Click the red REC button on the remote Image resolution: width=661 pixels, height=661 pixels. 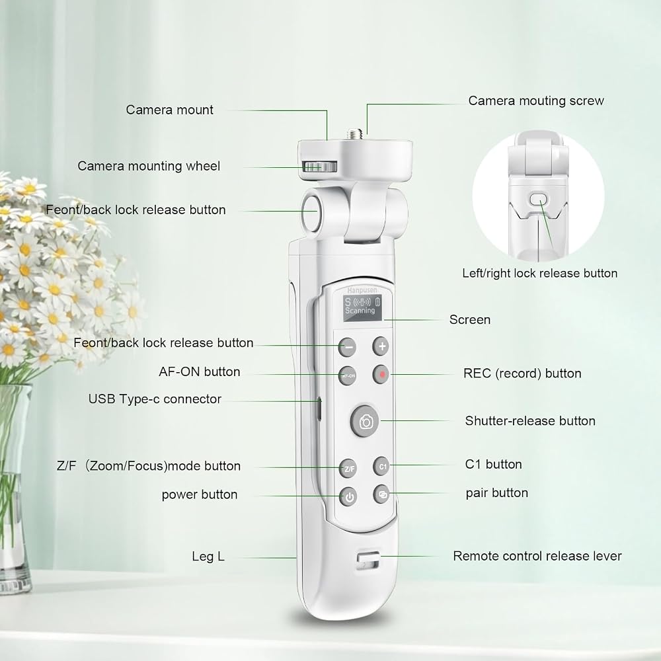click(x=381, y=374)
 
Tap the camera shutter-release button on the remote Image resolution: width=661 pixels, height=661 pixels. click(x=366, y=421)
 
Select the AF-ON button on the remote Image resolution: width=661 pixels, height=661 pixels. click(x=348, y=375)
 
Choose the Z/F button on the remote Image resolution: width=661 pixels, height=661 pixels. click(x=348, y=469)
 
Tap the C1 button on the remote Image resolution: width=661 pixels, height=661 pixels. click(x=382, y=466)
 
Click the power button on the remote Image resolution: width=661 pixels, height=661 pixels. click(x=349, y=497)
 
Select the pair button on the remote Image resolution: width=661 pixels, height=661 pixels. click(x=382, y=494)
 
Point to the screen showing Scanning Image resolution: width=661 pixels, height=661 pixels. click(x=362, y=307)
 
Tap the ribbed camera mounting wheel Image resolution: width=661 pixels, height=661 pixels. click(x=320, y=167)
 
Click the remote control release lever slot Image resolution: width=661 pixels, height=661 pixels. click(x=368, y=561)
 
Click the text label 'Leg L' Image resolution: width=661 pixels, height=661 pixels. click(x=208, y=557)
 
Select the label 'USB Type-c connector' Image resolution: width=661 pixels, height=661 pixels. click(x=155, y=399)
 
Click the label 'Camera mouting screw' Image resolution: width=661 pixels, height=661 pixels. click(x=536, y=100)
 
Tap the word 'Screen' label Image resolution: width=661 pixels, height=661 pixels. click(x=470, y=319)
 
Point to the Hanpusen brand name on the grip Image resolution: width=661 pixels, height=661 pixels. click(x=362, y=290)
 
